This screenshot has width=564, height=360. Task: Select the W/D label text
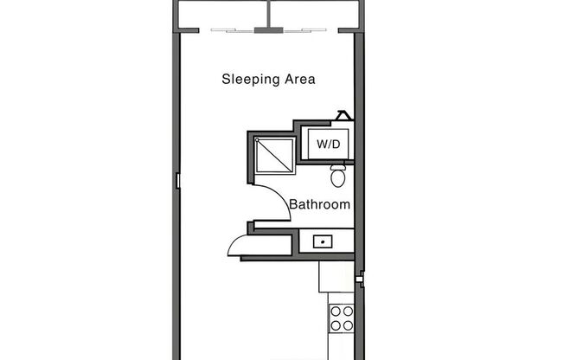328,144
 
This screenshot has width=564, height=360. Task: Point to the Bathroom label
319,205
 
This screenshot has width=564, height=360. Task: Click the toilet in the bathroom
338,177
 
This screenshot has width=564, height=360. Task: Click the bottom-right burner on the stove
347,325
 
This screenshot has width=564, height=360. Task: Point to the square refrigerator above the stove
336,276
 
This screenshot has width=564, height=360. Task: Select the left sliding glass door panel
234,31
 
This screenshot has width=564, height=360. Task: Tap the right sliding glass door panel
303,31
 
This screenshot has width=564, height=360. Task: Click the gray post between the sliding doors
268,31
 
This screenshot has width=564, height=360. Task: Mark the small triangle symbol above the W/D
343,115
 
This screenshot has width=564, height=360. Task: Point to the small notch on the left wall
176,180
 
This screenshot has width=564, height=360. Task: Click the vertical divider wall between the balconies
269,13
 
